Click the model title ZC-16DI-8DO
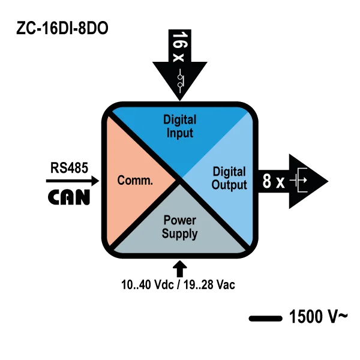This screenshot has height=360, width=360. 62,28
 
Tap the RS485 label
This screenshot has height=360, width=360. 69,167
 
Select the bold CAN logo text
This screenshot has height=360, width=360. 69,197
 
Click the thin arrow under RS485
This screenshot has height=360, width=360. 73,181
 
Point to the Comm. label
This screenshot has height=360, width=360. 135,180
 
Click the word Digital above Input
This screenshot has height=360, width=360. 180,120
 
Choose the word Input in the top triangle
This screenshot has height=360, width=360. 180,133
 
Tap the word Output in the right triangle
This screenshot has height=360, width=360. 229,185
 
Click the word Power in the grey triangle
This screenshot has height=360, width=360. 180,220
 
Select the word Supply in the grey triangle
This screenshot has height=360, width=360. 180,234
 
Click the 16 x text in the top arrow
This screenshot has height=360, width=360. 180,47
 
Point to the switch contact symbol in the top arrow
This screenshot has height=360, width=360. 180,81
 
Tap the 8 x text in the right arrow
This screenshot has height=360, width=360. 274,181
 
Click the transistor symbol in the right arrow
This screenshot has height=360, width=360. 298,180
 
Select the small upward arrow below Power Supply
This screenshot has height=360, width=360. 180,269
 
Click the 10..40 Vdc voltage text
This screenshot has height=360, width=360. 148,285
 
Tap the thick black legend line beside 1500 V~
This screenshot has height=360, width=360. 266,319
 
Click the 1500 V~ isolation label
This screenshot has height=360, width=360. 318,317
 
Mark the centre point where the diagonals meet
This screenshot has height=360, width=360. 179,179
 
